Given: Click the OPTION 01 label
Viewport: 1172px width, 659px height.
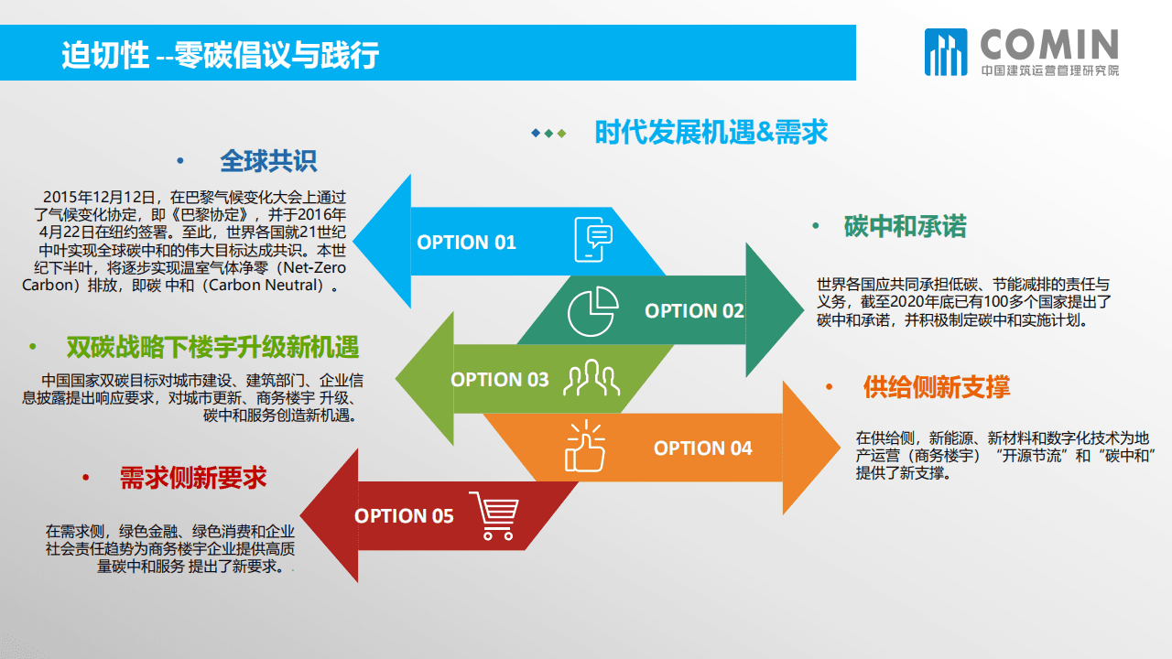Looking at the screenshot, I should pos(466,243).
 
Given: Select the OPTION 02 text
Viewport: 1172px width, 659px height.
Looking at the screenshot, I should pos(694,311).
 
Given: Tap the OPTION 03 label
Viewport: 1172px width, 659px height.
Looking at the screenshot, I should pos(500,380).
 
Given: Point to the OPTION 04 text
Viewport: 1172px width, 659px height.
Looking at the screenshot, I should pos(702,448).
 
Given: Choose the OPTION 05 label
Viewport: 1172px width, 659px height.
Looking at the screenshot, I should pos(404,516).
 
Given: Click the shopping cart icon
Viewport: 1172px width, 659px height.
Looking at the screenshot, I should pos(494,516).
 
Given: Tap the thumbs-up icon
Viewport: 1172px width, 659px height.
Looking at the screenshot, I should pos(585,447).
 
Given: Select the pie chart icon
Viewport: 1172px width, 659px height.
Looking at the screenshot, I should pos(592,311).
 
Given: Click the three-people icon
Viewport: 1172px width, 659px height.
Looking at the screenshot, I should pos(591,378).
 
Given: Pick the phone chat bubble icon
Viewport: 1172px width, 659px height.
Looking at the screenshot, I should pos(592,240).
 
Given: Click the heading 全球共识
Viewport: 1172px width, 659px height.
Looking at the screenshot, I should pos(268,162).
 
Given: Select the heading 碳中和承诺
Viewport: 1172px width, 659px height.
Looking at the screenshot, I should pos(905,227).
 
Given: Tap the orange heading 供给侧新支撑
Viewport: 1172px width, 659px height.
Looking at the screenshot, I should pos(936,387).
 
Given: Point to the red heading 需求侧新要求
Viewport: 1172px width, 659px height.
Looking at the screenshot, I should pos(193,478).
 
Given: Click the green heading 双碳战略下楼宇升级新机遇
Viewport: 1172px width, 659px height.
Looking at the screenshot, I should pos(212,348).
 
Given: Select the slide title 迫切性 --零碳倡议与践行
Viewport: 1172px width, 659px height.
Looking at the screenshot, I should pos(220,55).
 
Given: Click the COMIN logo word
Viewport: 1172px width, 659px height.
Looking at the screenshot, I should pos(1049,45).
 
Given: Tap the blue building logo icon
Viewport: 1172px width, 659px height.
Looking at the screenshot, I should pos(945,51).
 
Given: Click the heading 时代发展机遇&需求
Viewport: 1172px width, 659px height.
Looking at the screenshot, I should pos(711,133).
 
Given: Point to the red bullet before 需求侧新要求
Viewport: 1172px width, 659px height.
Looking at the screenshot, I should pos(85,479).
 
